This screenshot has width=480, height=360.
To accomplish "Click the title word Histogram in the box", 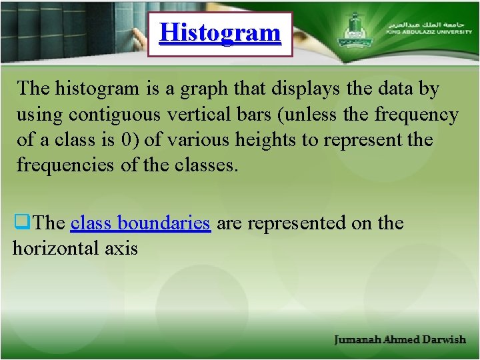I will point(221,32).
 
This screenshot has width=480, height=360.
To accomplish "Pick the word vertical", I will point(197,115).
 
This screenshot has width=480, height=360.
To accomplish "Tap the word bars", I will point(250,115).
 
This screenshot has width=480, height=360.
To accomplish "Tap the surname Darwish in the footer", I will point(444,340).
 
